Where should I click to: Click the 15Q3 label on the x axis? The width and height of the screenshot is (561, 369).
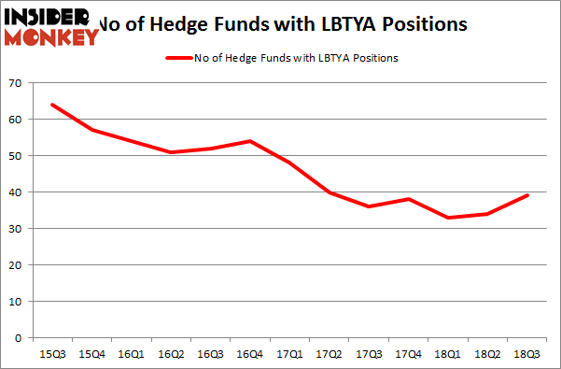pyautogui.click(x=51, y=353)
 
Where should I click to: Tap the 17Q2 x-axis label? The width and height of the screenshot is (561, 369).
pyautogui.click(x=328, y=353)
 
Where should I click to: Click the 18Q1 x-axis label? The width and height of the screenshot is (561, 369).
pyautogui.click(x=448, y=353)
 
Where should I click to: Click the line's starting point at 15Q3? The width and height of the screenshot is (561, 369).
pyautogui.click(x=51, y=105)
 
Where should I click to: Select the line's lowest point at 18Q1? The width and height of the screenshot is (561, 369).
pyautogui.click(x=448, y=218)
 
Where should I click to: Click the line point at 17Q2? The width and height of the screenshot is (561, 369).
pyautogui.click(x=328, y=192)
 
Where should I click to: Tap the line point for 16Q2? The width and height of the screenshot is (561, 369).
pyautogui.click(x=170, y=152)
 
